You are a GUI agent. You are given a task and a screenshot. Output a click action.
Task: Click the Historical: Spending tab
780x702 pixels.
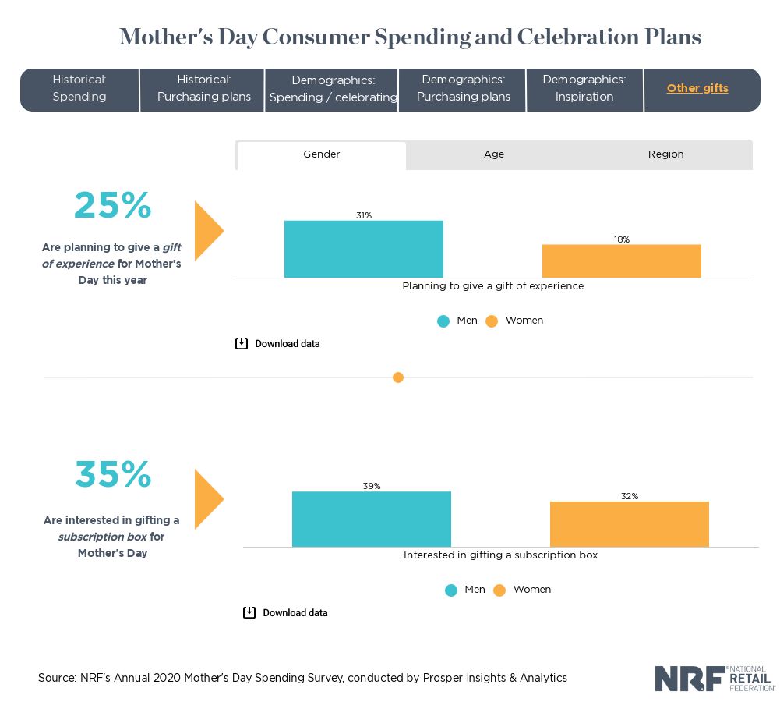point(79,89)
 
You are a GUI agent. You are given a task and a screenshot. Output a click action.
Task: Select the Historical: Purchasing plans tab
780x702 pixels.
point(203,89)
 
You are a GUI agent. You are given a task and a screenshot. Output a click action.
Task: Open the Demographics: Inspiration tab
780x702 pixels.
point(584,89)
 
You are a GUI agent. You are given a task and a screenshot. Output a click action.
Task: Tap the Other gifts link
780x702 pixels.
point(697,88)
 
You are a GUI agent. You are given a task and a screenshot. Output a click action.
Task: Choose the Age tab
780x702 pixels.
point(494,154)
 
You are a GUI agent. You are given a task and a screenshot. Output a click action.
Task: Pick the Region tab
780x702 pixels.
point(665,154)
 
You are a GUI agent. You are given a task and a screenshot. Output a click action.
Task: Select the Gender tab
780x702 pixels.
point(322,154)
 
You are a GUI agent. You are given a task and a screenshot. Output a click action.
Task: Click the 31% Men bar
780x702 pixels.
point(364,249)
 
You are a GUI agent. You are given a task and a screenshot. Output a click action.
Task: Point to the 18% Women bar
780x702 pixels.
point(622,261)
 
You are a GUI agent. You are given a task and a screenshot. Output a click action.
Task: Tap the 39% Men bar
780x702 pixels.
point(372,519)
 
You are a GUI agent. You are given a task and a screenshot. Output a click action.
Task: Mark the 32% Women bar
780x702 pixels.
point(630,523)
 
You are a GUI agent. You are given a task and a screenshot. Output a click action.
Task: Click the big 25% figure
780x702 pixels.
point(113,205)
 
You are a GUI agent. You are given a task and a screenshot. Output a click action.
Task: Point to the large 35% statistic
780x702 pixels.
point(113,474)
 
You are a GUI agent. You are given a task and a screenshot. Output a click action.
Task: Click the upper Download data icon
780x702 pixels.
point(242,343)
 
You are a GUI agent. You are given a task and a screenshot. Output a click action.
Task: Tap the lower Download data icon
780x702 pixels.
point(249,612)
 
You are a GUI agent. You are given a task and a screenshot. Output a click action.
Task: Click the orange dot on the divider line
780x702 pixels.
point(398,378)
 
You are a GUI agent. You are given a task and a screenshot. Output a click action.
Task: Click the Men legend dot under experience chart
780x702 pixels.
point(443,321)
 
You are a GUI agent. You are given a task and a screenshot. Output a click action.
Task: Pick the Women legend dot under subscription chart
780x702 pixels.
point(499,590)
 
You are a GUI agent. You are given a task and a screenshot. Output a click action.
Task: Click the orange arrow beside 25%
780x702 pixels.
point(207,230)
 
